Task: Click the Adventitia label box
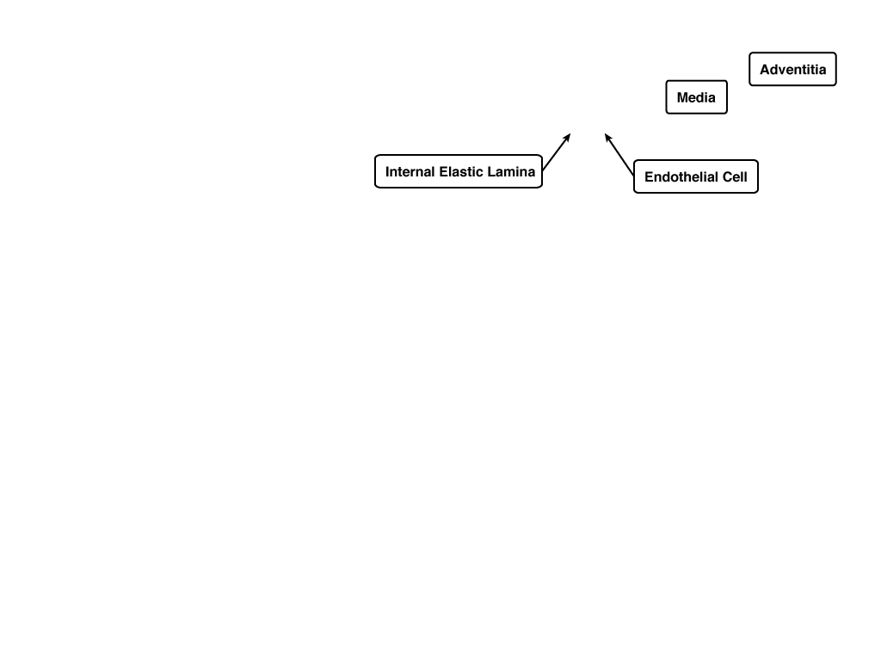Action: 792,69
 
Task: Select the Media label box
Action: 696,97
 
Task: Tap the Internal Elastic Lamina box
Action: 459,171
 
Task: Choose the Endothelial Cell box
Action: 695,176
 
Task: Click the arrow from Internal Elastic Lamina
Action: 557,151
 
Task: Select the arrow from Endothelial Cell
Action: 619,155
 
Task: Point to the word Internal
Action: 410,171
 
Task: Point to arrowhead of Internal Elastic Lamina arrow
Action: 570,133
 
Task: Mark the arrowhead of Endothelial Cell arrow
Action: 605,133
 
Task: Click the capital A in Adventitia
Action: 765,70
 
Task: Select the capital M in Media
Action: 682,98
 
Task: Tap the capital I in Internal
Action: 387,171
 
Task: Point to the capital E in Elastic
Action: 443,171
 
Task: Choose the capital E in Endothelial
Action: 649,177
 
